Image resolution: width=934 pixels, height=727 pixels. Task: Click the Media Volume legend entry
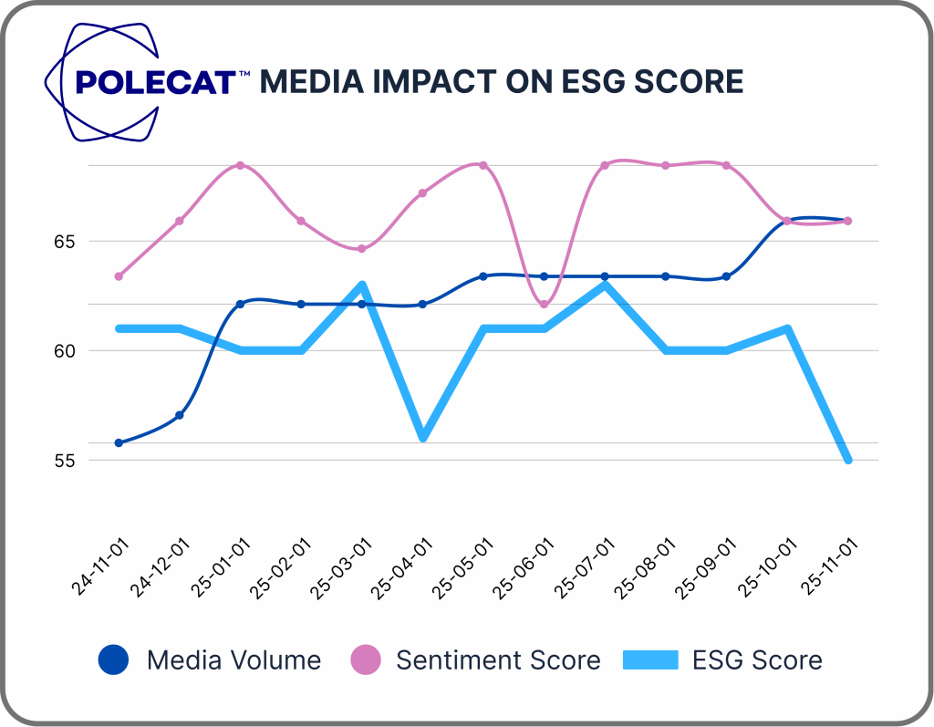coord(210,659)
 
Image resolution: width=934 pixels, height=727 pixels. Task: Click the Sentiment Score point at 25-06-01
coord(545,304)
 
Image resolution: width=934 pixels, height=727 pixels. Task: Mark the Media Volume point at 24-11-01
coord(119,442)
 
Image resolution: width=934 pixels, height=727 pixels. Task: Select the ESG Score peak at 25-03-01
coord(362,286)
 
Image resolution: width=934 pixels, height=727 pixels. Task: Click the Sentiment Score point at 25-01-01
coord(240,165)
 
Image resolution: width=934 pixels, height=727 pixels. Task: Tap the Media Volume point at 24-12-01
coord(180,415)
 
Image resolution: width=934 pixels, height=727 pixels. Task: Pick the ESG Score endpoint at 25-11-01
coord(848,460)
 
